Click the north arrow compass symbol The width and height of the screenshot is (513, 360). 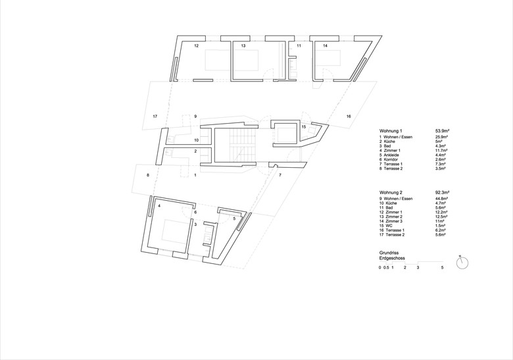click(465, 261)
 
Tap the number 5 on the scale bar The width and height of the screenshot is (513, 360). click(443, 268)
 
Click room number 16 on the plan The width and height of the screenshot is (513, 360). click(349, 116)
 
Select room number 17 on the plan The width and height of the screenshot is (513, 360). click(155, 116)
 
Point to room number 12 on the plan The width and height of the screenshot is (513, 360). click(196, 47)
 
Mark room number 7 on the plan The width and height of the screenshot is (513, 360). click(280, 176)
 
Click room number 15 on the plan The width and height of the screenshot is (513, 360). click(303, 126)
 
